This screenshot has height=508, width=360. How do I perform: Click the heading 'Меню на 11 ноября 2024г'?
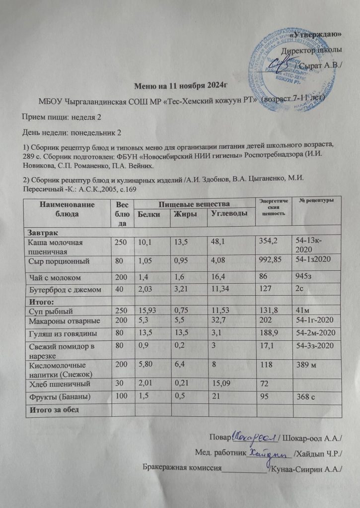tap(180, 85)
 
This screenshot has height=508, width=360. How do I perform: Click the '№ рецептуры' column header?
tap(316, 200)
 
